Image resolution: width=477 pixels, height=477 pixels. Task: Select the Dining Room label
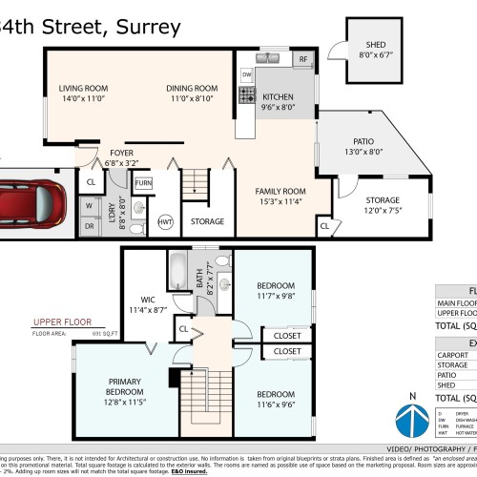pos(195,93)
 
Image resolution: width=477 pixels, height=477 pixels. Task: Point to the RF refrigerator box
pos(303,59)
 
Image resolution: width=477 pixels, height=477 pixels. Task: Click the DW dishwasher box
pos(246,73)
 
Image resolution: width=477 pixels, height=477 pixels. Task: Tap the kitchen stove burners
pos(245,94)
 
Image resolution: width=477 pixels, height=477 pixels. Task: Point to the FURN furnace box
pos(143,182)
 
